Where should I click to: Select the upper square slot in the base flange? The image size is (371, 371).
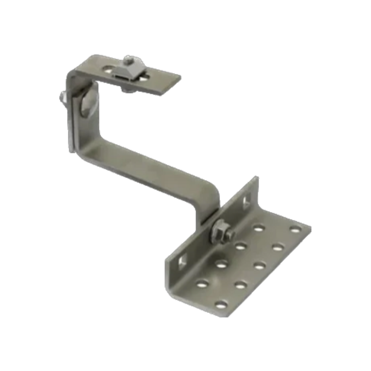(x=247, y=202)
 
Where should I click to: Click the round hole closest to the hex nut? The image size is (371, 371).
(x=241, y=246)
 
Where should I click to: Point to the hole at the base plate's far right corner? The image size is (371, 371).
(x=294, y=228)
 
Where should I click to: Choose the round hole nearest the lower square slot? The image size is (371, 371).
(x=202, y=284)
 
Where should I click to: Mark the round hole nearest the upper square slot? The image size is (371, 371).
(x=259, y=227)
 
